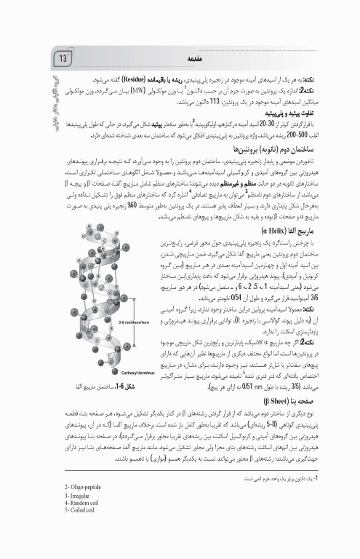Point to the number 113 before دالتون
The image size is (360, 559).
click(x=211, y=103)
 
